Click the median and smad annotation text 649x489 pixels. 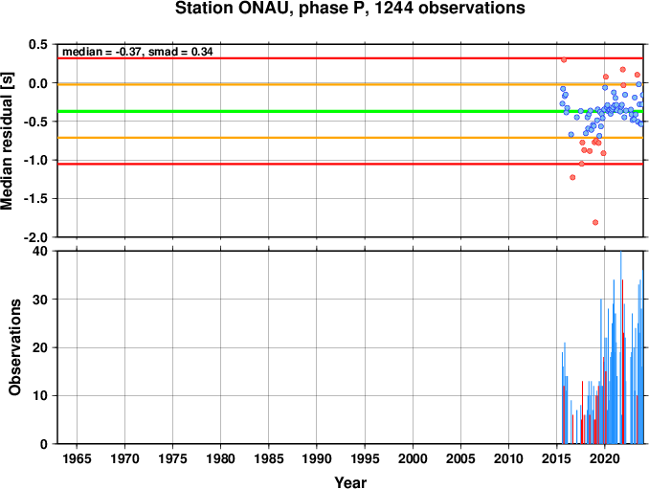click(x=138, y=52)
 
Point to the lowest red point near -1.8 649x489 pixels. click(x=595, y=222)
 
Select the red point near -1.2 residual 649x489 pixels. click(x=572, y=177)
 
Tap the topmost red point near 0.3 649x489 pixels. click(x=564, y=59)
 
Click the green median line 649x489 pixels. click(x=350, y=111)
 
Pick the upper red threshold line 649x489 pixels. click(x=350, y=58)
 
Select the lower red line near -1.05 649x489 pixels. click(x=350, y=165)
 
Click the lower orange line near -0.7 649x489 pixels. click(x=350, y=138)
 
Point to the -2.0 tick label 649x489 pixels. click(x=36, y=237)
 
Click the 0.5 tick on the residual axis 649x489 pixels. click(x=39, y=44)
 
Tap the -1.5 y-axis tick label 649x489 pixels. click(x=36, y=199)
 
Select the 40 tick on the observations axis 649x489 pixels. click(x=41, y=251)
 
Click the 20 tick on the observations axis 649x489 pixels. click(x=41, y=347)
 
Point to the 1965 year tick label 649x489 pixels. click(x=77, y=458)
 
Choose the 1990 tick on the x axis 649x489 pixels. click(x=317, y=458)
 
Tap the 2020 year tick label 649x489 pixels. click(x=604, y=458)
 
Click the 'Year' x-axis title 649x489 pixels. click(x=350, y=482)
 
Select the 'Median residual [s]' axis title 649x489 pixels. click(x=7, y=141)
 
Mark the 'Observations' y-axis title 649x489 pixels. click(x=14, y=347)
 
